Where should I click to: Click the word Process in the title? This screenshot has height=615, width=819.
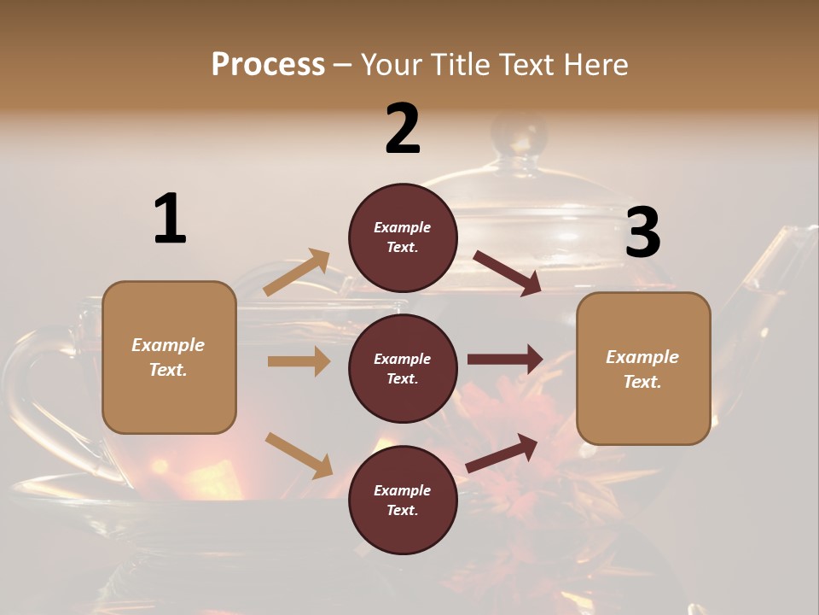[x=268, y=65]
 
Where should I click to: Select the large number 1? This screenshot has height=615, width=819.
[x=170, y=219]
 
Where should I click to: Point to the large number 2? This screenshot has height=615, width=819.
[x=403, y=128]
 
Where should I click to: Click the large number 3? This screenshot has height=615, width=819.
[x=642, y=232]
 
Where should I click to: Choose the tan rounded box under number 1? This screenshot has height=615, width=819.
[x=169, y=357]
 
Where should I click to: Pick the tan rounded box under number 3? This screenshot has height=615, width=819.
[x=643, y=368]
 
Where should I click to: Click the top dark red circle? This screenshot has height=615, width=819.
[x=403, y=237]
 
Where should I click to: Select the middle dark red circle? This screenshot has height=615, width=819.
[x=403, y=368]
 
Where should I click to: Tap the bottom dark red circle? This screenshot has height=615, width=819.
[x=403, y=500]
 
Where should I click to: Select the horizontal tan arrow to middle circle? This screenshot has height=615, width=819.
[x=299, y=361]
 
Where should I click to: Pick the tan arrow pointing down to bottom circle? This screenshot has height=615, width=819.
[x=299, y=455]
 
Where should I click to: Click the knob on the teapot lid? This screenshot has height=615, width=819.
[x=519, y=135]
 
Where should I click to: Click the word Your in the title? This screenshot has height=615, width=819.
[x=390, y=65]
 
